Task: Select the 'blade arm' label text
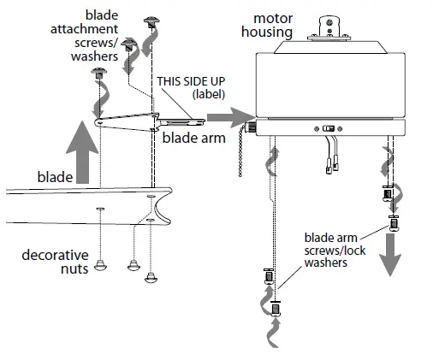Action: pyautogui.click(x=189, y=134)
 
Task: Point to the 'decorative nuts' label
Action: pyautogui.click(x=52, y=263)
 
